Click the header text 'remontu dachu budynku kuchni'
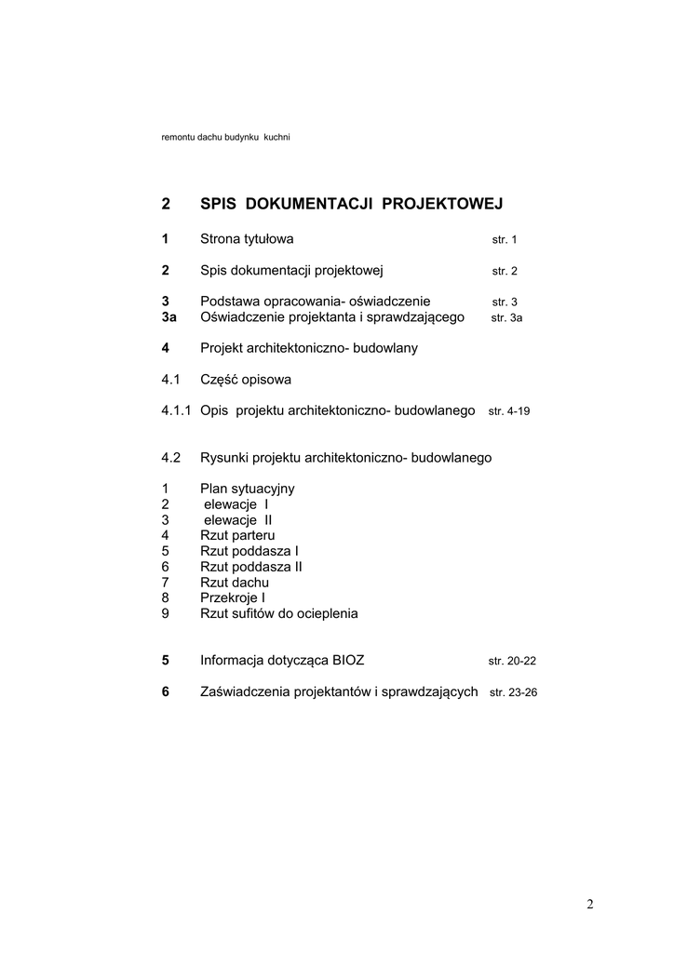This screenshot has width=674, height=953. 226,139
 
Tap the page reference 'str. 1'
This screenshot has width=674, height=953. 504,240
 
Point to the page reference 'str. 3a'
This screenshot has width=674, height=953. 506,317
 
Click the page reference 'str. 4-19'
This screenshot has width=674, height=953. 508,410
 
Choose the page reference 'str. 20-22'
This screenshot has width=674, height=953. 512,661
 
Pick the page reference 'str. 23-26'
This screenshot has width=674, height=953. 513,692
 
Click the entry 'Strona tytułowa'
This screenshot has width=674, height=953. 247,239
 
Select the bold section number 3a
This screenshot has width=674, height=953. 168,316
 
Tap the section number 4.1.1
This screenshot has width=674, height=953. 177,410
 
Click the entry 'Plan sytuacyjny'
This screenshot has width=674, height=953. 247,488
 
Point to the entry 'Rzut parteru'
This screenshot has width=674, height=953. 237,535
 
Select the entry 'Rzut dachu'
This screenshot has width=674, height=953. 235,582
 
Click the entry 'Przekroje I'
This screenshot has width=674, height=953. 233,597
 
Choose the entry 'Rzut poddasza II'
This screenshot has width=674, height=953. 250,566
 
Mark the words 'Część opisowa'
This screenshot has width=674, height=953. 245,380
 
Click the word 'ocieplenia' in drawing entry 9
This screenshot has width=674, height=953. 326,613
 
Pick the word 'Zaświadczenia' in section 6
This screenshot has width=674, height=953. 244,691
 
